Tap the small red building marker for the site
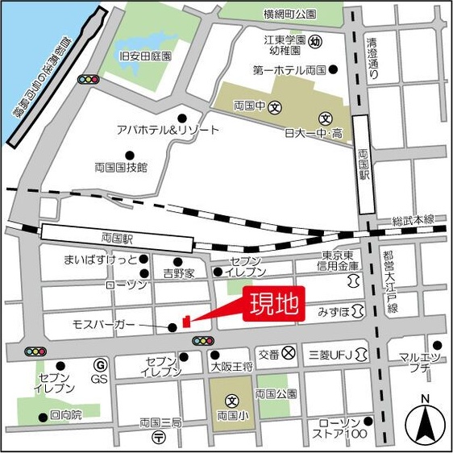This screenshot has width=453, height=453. [186, 322]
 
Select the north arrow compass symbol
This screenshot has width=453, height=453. [426, 421]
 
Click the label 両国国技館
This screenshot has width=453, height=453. [121, 168]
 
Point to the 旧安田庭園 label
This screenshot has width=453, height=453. [146, 56]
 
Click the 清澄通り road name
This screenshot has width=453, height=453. [372, 58]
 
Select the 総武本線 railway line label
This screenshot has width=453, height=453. [413, 220]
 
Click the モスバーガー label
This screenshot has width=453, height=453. [105, 326]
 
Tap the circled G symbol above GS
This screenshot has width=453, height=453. [100, 364]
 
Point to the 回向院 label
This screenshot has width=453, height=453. [65, 415]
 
